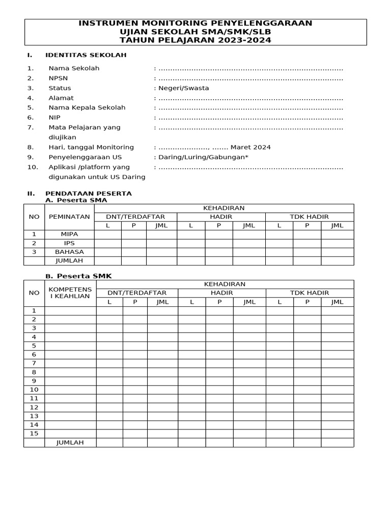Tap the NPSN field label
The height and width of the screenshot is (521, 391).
tap(58, 78)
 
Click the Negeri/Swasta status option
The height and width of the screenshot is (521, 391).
tap(183, 88)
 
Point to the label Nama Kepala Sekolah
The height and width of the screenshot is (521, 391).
tap(87, 108)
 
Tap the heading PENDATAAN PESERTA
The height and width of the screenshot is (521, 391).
tap(89, 193)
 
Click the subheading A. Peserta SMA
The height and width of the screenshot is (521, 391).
tap(76, 200)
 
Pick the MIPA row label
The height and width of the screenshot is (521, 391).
tap(69, 235)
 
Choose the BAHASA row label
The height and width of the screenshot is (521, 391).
tap(69, 252)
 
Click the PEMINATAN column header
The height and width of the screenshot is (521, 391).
tap(69, 217)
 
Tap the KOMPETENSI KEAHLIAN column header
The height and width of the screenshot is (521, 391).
tap(70, 293)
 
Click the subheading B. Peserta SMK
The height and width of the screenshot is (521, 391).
tap(78, 276)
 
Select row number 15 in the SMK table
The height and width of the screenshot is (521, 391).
tap(34, 433)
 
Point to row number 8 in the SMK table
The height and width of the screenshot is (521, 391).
tap(34, 372)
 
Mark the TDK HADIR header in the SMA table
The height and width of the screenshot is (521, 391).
tap(309, 217)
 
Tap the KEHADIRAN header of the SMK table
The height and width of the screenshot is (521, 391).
tap(225, 284)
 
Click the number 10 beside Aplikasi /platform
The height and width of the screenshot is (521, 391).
tap(32, 167)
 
